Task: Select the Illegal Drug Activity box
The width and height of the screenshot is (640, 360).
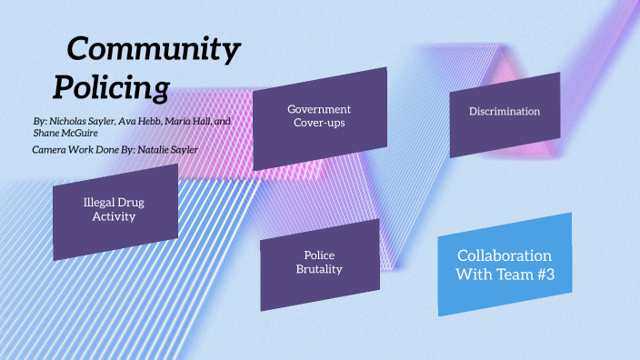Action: [x=114, y=210]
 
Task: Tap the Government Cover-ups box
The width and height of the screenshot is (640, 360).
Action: [x=318, y=116]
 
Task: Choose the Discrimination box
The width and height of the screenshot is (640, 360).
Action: [x=505, y=113]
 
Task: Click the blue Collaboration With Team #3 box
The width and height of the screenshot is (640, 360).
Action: [x=505, y=265]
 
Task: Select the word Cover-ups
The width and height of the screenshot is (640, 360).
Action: [x=318, y=123]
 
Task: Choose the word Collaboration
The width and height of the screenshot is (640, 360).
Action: [x=504, y=255]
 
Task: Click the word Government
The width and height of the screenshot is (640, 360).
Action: [x=319, y=109]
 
